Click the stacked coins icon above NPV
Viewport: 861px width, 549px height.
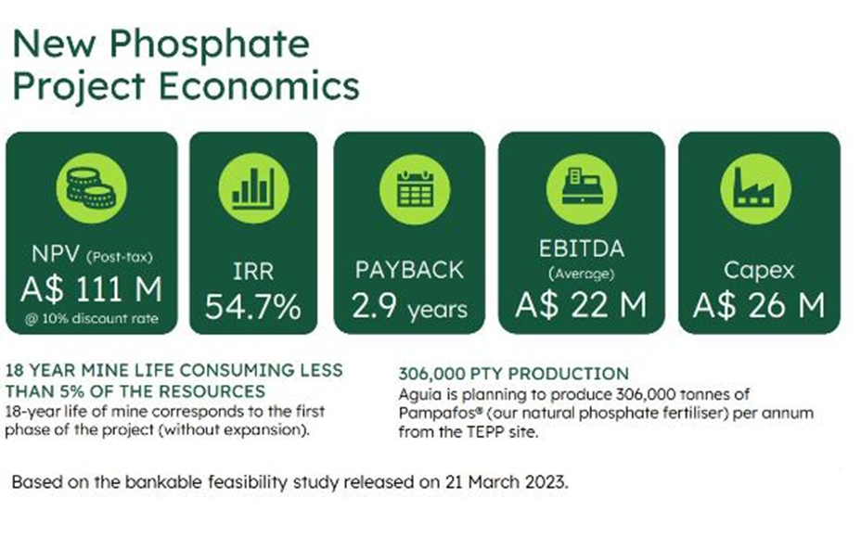point(91,188)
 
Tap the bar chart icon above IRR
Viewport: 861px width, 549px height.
point(253,188)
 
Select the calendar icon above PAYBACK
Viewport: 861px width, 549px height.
point(415,189)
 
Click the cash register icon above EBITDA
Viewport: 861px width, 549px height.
point(582,189)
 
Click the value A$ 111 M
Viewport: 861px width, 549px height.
point(91,288)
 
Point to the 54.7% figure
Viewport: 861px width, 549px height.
point(253,306)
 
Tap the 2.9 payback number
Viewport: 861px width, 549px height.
point(374,305)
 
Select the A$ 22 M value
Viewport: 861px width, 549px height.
point(581,305)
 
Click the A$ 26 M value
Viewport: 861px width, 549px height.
point(758,305)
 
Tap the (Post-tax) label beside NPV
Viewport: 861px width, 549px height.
point(119,257)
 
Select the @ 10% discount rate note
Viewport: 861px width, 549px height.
point(91,319)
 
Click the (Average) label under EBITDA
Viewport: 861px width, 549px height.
point(581,274)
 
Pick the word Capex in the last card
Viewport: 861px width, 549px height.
point(759,271)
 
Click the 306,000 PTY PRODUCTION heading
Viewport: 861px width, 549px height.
point(513,374)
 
